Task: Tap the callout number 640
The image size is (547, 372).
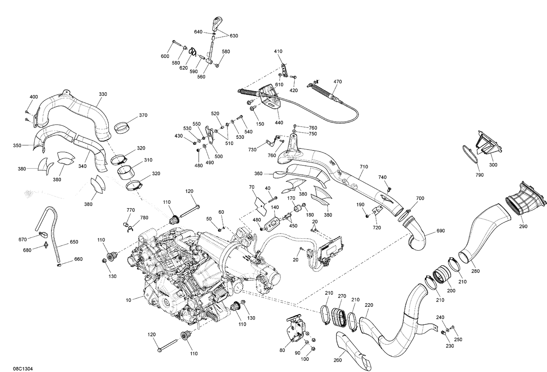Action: pos(198,32)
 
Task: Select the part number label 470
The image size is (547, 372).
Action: pos(337,82)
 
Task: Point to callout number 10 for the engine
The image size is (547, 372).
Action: pos(128,300)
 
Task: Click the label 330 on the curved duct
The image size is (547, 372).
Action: pos(103,94)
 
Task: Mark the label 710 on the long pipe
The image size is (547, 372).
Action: pos(364,167)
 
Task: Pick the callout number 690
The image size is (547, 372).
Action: pos(441,231)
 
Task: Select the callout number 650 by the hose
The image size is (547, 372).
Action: pos(74,242)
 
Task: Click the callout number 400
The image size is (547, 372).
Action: pos(33,97)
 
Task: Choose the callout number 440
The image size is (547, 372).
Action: pos(279,122)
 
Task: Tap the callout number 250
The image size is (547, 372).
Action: pos(458,339)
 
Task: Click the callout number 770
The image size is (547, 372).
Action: pos(131,210)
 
